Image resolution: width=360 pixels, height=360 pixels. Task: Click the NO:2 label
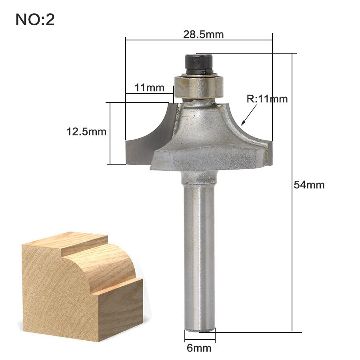(x=35, y=20)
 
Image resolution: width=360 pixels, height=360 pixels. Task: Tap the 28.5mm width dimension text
(x=203, y=34)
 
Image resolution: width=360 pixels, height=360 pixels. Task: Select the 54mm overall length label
(x=309, y=185)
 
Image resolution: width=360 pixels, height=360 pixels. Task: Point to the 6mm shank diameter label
(x=199, y=348)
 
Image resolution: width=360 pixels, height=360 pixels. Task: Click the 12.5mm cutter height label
(x=86, y=132)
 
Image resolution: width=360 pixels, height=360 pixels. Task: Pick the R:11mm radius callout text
(x=267, y=99)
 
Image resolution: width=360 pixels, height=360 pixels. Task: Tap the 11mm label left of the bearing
(x=149, y=88)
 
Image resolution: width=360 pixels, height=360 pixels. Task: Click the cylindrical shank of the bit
(x=199, y=252)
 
